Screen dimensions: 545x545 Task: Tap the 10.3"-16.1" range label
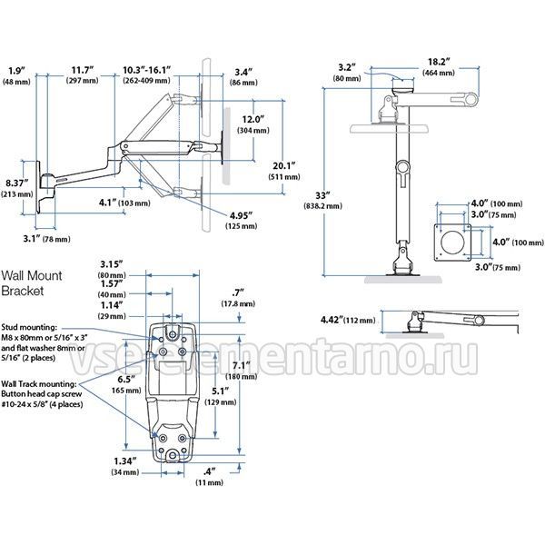click(146, 70)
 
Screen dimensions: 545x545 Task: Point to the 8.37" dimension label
click(17, 183)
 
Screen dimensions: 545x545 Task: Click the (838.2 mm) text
click(322, 206)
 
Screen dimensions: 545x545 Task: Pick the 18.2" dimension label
click(439, 62)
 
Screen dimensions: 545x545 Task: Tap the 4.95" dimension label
click(241, 215)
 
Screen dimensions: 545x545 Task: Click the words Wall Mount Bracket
click(31, 282)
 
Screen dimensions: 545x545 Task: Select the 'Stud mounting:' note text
click(29, 327)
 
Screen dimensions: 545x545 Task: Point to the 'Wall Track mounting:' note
click(39, 384)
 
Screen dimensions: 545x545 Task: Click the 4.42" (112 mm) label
click(348, 320)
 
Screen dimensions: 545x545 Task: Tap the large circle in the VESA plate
click(452, 243)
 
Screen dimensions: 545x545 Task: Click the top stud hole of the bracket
click(173, 334)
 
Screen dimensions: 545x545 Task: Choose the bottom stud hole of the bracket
click(173, 454)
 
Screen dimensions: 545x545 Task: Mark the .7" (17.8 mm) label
click(238, 298)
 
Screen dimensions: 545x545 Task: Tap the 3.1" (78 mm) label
click(47, 239)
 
